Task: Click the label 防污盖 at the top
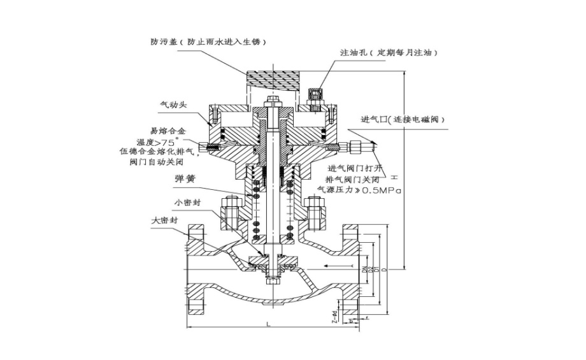162,42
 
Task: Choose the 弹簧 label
184,180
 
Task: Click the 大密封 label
164,220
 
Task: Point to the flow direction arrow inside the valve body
335,264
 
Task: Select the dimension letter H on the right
394,176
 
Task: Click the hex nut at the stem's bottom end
273,279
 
